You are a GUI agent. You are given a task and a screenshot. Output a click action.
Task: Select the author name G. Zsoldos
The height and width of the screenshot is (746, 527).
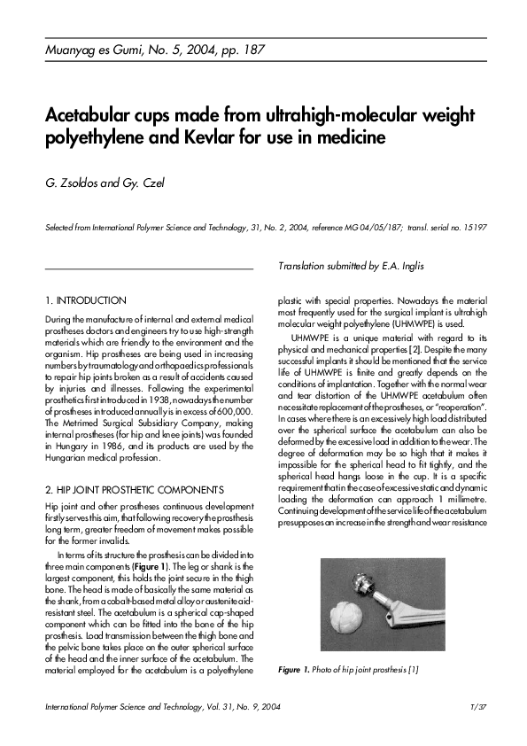(x=74, y=183)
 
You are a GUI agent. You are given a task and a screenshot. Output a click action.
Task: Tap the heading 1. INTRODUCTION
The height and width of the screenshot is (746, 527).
(x=85, y=301)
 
